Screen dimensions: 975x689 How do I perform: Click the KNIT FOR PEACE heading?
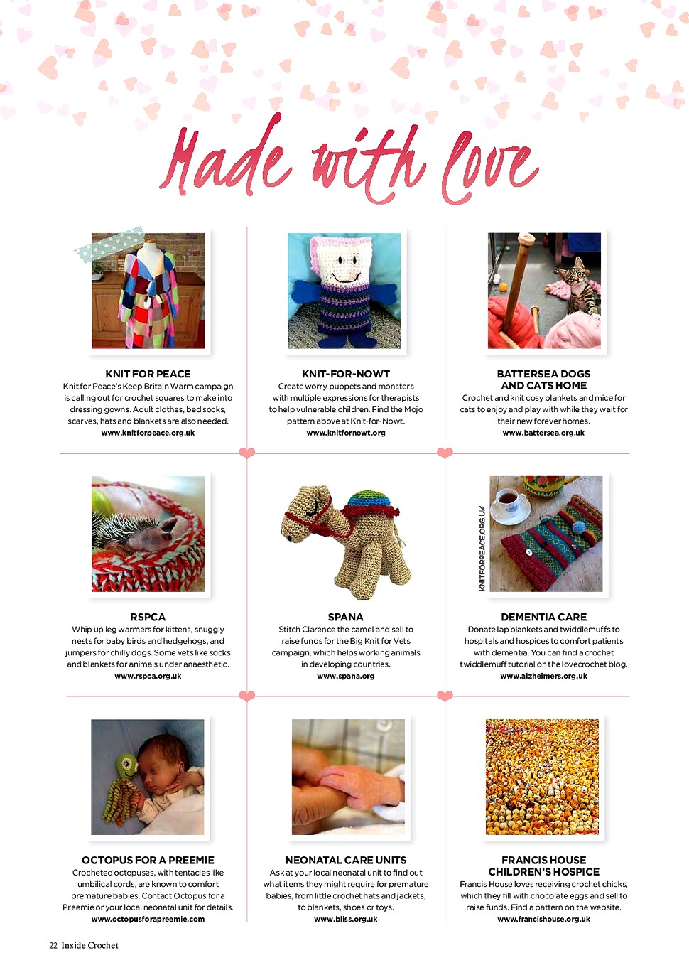[148, 374]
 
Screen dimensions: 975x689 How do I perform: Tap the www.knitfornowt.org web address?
[346, 433]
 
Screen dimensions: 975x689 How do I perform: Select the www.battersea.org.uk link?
[543, 433]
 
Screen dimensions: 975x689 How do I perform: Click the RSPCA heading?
[148, 617]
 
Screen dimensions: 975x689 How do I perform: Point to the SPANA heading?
[346, 617]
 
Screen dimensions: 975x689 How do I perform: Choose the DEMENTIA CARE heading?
[543, 617]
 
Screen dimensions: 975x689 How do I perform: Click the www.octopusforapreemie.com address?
[148, 919]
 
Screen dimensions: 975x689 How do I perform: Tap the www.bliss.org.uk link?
[346, 919]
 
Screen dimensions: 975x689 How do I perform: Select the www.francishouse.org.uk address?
[543, 919]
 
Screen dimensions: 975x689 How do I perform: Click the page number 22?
[53, 945]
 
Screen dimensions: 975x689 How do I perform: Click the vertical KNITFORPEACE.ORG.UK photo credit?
[482, 548]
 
